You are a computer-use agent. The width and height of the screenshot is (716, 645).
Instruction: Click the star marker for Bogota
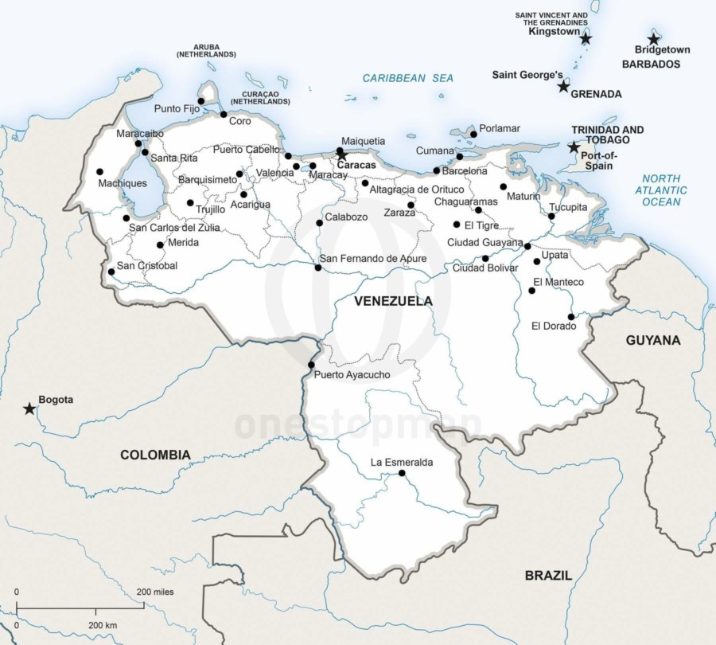[x=29, y=408]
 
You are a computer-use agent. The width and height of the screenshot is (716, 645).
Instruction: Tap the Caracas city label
[x=356, y=166]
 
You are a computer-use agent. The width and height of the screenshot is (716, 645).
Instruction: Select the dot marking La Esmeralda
[x=402, y=474]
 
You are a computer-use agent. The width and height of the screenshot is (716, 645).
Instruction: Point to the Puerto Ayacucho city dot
[x=311, y=365]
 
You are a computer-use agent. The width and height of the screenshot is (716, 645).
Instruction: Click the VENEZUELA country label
[x=393, y=301]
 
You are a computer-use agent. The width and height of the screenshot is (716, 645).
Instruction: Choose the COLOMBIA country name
[x=155, y=455]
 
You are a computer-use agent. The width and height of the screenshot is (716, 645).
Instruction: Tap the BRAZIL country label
[x=548, y=575]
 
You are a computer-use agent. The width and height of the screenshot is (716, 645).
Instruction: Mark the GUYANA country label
[x=653, y=340]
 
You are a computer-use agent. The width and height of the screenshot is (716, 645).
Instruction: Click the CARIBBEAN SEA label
[x=408, y=78]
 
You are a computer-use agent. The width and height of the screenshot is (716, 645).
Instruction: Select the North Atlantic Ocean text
[x=662, y=190]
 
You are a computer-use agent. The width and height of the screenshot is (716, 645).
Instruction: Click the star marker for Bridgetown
[x=653, y=39]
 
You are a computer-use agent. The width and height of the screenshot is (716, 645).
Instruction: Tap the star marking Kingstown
[x=586, y=38]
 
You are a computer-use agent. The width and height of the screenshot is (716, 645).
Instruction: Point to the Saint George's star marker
[x=563, y=86]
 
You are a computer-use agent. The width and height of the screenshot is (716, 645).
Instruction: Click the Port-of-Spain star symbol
[x=574, y=147]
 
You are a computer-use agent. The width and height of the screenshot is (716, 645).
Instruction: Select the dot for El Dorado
[x=571, y=317]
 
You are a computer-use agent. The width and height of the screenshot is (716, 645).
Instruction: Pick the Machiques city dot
[x=99, y=171]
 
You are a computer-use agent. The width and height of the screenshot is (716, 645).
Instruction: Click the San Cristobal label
[x=147, y=266]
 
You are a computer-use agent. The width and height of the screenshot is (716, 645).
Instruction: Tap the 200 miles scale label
[x=155, y=592]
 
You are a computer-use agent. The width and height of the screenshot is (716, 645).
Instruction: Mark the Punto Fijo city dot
[x=200, y=101]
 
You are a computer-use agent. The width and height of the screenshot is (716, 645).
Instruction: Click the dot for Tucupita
[x=551, y=216]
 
